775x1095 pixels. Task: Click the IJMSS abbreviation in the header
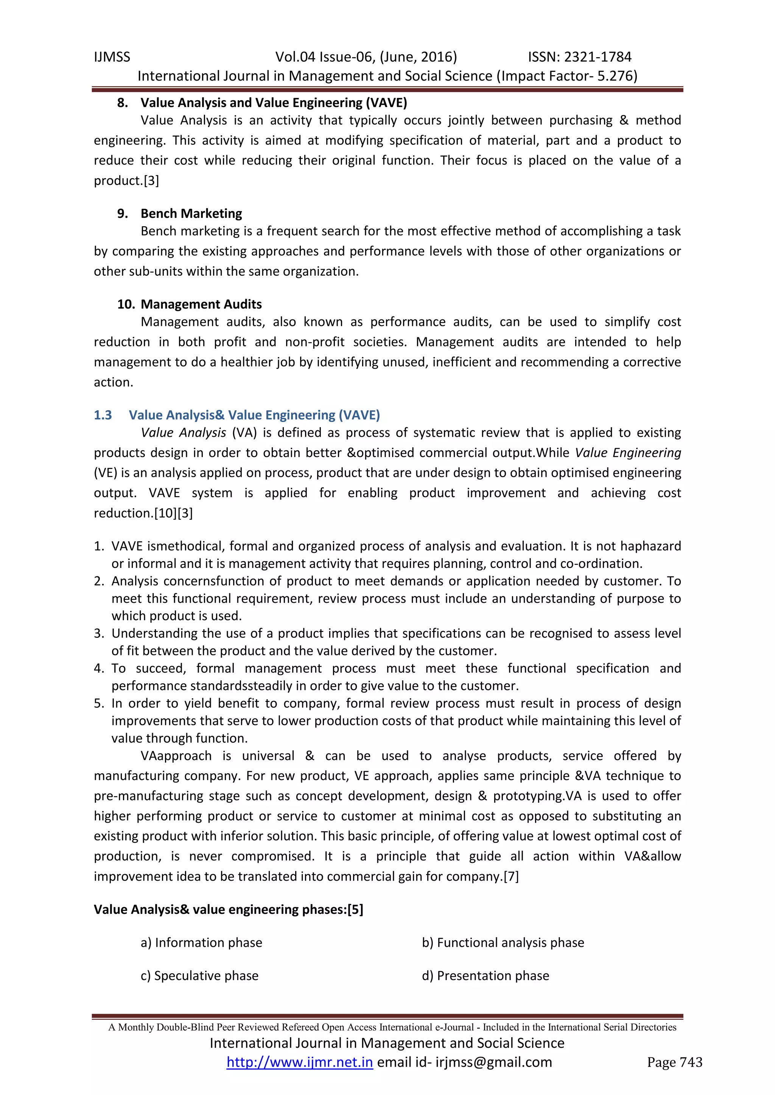coord(112,57)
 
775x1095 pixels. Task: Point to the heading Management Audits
coord(201,304)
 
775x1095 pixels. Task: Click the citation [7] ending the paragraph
coord(511,876)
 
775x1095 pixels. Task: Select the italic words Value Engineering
coord(627,453)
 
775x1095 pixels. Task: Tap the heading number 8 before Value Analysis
coord(122,102)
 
